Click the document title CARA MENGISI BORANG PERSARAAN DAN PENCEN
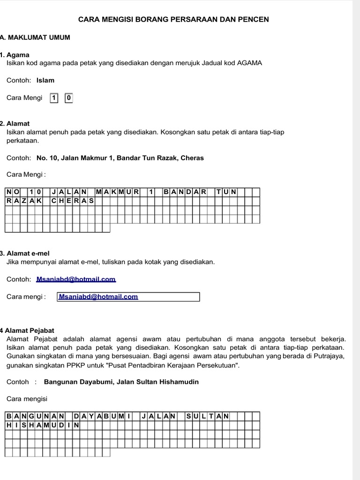point(173,19)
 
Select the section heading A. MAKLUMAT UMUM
point(36,37)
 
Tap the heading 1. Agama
point(15,55)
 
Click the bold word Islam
point(45,80)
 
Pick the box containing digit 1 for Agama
point(54,98)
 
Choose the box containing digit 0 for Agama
point(68,98)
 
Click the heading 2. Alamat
point(15,124)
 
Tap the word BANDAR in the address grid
point(185,192)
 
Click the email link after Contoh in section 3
point(75,279)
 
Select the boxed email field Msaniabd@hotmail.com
point(128,297)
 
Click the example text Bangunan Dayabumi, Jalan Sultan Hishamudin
point(121,382)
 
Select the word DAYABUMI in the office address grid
point(102,416)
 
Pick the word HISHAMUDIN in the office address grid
point(42,425)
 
